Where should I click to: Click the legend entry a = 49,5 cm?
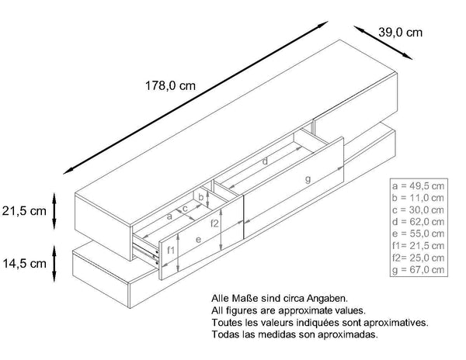point(419,188)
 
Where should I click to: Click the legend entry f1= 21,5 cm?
point(419,246)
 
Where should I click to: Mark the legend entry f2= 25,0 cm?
point(419,258)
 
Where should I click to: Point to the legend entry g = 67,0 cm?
point(419,269)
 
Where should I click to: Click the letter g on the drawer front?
point(308,179)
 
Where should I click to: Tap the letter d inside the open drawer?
point(265,162)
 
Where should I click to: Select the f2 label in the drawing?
point(215,223)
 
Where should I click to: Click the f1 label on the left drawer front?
point(172,250)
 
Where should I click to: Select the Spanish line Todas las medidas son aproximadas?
point(294,334)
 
